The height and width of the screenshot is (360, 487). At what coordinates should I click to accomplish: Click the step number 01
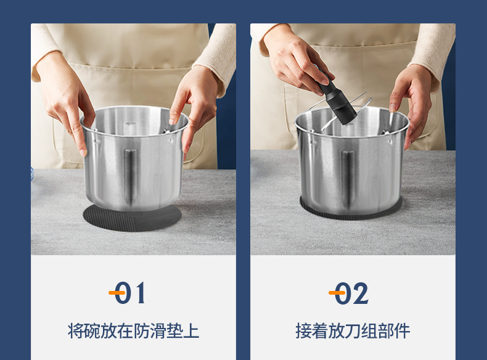click(130, 293)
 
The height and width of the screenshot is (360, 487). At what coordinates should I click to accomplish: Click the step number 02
click(351, 293)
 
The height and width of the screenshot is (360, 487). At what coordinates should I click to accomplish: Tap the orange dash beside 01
click(117, 293)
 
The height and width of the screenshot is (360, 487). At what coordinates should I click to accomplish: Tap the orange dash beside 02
click(337, 293)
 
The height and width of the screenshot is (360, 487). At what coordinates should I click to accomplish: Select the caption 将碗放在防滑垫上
click(134, 331)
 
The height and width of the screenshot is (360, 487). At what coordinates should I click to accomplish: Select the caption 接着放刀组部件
click(353, 331)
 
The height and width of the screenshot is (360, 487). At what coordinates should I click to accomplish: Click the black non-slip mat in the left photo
click(133, 218)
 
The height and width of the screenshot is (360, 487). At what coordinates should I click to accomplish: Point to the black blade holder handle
click(337, 99)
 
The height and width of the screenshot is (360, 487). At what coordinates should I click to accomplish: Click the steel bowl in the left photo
click(134, 158)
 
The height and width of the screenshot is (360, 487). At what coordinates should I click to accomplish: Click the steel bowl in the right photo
click(351, 162)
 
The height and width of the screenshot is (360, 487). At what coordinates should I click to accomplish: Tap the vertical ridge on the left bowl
click(130, 176)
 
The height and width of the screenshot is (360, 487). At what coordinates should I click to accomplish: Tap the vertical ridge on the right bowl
click(348, 179)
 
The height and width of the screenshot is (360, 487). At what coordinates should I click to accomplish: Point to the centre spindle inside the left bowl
click(130, 128)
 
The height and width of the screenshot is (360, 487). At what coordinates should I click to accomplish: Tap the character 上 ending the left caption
click(191, 331)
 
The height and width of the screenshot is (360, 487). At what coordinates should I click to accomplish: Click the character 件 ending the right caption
click(402, 331)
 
